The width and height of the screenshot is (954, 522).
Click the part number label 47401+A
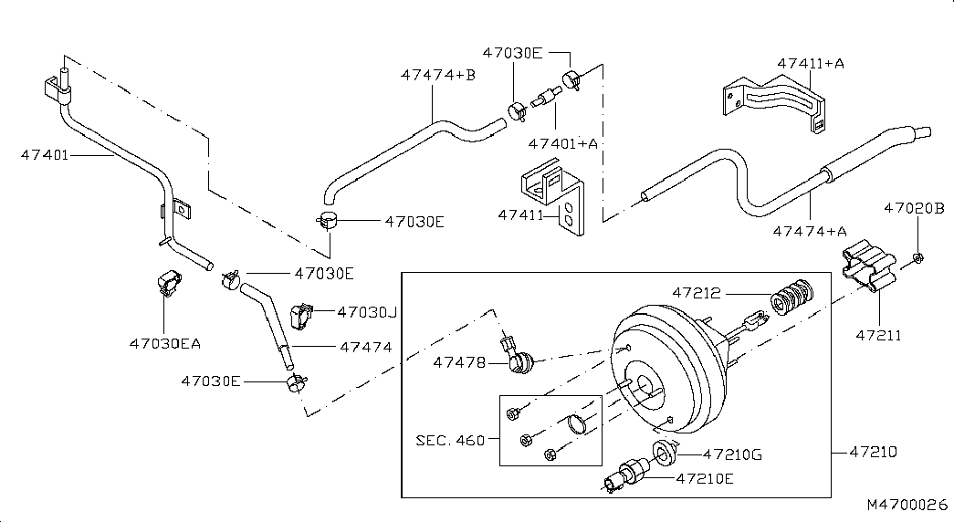562,143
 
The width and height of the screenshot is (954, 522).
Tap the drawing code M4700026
907,505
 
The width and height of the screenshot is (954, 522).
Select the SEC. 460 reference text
450,440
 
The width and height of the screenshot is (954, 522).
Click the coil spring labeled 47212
792,297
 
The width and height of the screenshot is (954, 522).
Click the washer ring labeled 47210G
665,453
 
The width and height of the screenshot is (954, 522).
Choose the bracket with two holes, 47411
552,197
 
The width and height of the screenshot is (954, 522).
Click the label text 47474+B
438,75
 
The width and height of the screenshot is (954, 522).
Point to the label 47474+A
810,231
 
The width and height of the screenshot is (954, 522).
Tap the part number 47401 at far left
45,154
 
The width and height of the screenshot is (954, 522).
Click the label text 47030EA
165,344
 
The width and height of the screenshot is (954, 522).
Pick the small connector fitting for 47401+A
545,98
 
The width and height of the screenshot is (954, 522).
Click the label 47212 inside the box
696,293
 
